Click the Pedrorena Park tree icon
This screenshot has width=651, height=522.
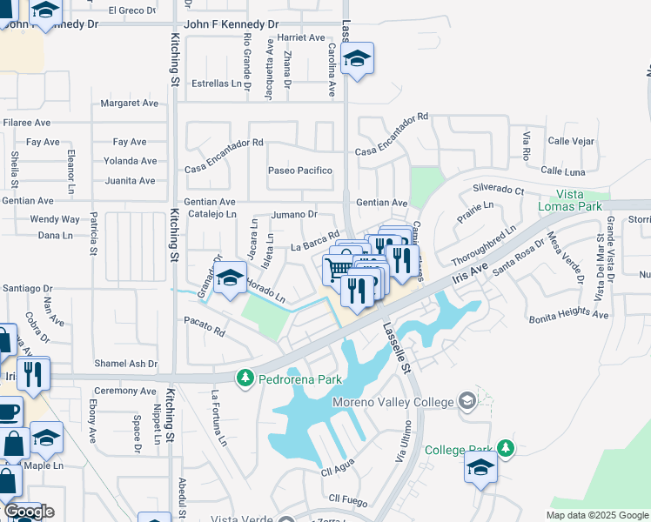click(245, 378)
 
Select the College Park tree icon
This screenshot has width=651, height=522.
click(503, 449)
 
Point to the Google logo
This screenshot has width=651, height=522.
click(28, 512)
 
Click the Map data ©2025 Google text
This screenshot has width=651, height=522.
click(596, 515)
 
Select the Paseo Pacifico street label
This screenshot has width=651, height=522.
click(300, 171)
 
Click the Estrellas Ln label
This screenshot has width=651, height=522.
click(217, 84)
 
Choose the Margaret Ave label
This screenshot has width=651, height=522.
click(130, 103)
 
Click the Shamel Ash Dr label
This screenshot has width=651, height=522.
click(126, 364)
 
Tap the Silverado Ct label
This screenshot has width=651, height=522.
click(499, 189)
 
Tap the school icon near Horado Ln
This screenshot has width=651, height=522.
click(230, 278)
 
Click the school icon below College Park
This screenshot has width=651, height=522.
click(480, 468)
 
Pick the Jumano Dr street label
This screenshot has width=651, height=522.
click(293, 214)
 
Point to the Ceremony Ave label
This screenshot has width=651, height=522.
click(124, 391)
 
